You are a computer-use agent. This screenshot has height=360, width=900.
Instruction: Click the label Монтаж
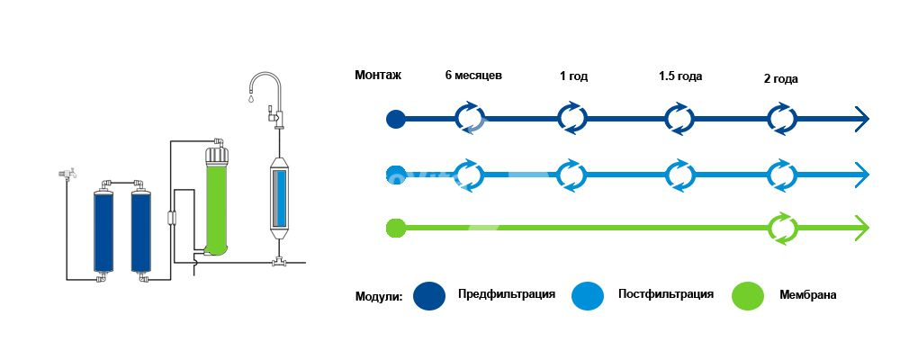[x=378, y=76]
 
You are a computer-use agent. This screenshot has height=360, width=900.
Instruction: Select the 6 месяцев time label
[x=473, y=76]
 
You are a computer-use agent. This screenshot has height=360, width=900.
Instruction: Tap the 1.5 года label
[x=680, y=76]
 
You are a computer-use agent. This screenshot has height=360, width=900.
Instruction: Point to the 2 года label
[x=780, y=79]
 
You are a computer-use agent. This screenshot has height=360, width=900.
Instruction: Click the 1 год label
[x=573, y=76]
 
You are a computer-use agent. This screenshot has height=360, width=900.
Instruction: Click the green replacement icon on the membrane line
[x=782, y=228]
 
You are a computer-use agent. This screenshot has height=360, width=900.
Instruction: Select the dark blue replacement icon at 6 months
[x=469, y=118]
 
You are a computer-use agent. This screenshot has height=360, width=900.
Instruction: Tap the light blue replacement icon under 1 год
[x=572, y=173]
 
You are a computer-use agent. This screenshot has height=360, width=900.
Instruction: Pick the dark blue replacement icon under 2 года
[x=782, y=118]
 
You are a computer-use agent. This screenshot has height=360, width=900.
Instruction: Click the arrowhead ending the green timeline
[x=861, y=228]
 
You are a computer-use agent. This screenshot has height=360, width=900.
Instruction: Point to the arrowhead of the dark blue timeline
[x=861, y=118]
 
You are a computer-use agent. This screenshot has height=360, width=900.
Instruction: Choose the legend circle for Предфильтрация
[x=430, y=295]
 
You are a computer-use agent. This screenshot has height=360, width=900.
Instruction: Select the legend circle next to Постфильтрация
[x=589, y=295]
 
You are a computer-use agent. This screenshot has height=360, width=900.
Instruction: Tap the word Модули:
[x=379, y=296]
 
